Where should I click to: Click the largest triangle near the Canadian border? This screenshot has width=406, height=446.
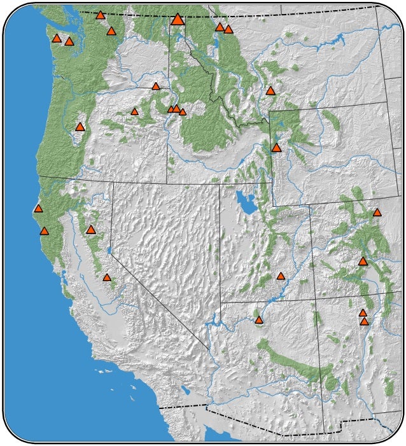(178, 20)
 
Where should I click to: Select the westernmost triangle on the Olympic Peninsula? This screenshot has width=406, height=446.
(57, 38)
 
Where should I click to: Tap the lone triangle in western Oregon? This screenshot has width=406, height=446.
(80, 127)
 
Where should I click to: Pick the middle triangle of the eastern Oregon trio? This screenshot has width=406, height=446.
(176, 109)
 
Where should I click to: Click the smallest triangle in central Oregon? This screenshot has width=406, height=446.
(134, 112)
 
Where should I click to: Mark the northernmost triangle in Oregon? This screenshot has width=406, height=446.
(156, 86)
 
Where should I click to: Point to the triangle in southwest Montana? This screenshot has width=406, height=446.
(270, 91)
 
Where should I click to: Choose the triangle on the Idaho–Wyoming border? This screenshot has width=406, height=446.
(276, 148)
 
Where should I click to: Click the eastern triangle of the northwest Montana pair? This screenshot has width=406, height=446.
(228, 29)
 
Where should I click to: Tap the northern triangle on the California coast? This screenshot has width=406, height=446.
(38, 208)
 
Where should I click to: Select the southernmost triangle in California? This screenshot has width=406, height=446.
(107, 277)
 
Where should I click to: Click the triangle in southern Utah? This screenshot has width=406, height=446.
(281, 276)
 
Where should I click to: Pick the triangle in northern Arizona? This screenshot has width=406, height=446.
(258, 320)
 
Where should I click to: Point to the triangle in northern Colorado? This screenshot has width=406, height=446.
(377, 213)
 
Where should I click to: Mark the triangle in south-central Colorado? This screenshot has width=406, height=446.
(363, 261)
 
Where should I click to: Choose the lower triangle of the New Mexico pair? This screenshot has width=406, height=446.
(365, 322)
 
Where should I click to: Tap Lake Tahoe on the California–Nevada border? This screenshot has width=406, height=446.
(109, 250)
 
